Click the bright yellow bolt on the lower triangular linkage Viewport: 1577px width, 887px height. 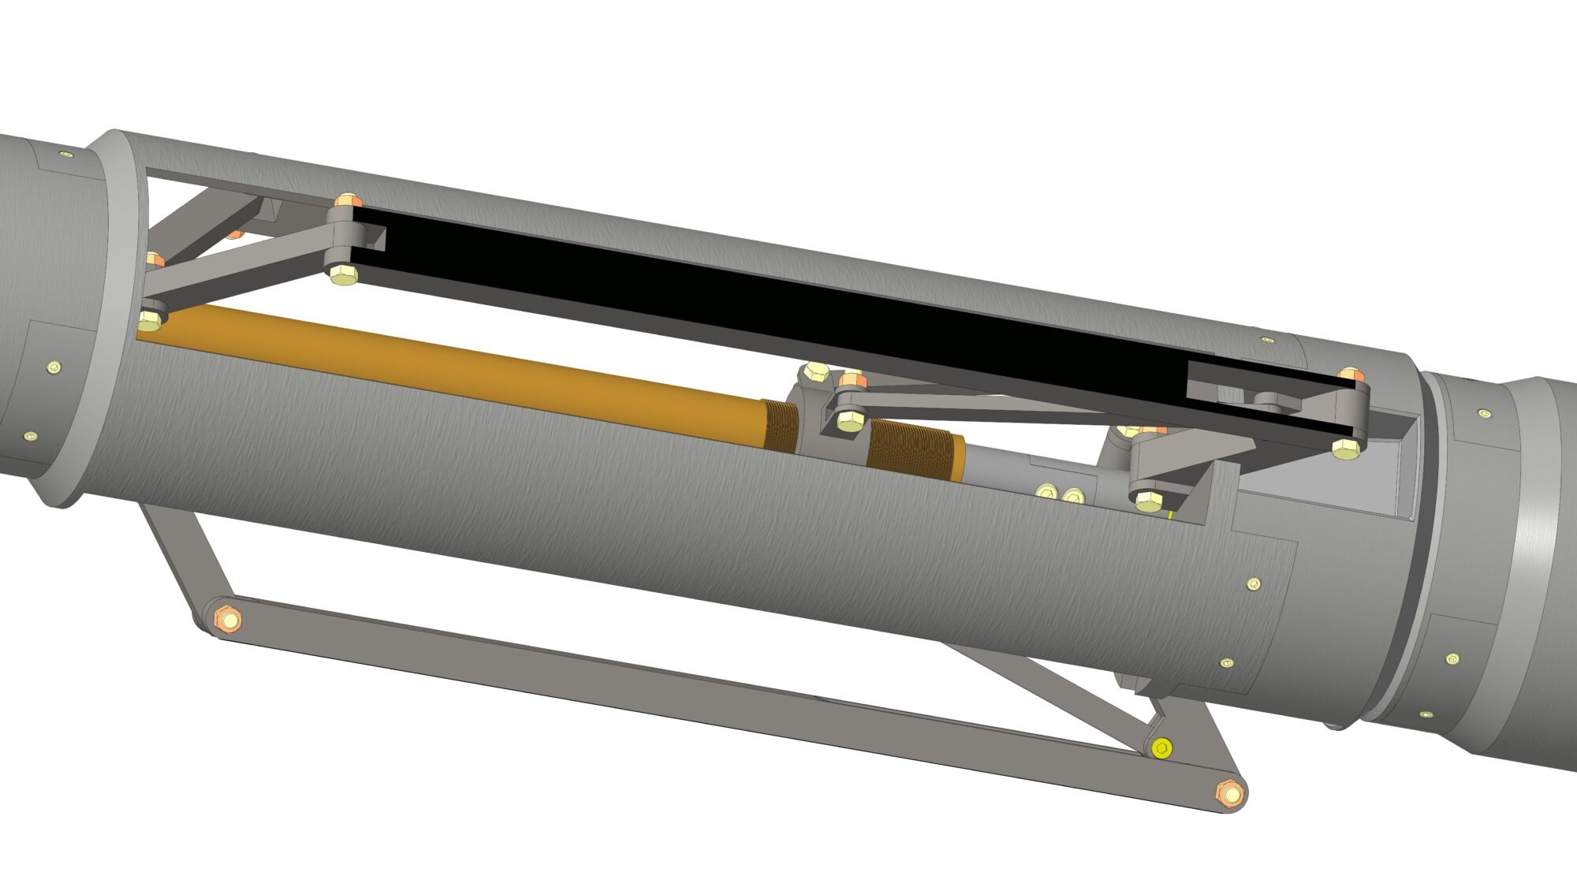pos(1161,747)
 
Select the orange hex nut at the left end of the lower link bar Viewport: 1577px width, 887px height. pos(229,619)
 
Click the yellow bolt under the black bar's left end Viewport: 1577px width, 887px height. pos(343,275)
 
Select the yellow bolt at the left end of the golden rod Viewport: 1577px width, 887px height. pos(149,319)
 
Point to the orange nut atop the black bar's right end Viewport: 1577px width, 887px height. pos(1349,375)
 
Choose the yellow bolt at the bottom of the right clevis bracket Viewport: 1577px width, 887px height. pos(1147,499)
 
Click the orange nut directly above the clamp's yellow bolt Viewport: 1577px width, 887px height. pos(851,382)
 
